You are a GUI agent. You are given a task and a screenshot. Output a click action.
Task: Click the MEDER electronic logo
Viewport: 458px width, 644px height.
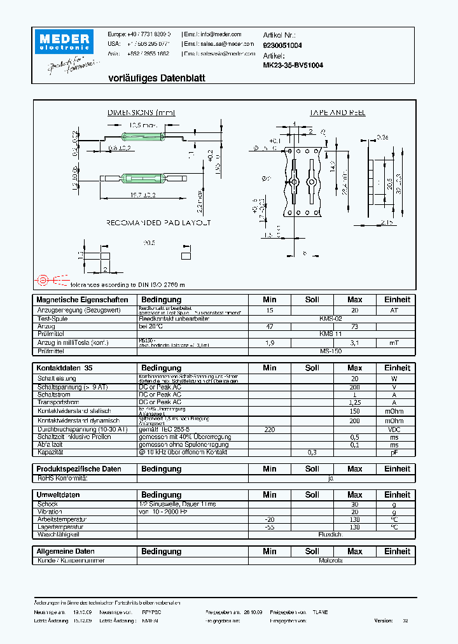click(x=65, y=41)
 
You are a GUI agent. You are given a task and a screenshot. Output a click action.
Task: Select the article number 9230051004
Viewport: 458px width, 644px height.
click(x=282, y=45)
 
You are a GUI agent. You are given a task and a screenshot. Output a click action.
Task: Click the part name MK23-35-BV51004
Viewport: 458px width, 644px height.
click(x=293, y=65)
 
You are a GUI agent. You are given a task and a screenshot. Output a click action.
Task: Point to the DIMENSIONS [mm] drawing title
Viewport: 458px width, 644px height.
click(x=141, y=113)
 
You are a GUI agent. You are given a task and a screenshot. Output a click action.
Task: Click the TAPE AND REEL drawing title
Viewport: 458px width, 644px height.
click(x=337, y=113)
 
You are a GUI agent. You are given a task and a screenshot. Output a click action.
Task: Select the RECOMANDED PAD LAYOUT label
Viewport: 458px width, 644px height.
click(x=158, y=223)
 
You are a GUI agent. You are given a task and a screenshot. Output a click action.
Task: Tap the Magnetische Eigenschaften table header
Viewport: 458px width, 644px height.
click(x=83, y=300)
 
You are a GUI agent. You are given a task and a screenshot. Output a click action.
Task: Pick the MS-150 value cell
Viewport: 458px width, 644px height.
click(x=330, y=351)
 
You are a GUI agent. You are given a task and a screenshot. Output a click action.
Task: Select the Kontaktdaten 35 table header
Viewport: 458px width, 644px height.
click(x=66, y=368)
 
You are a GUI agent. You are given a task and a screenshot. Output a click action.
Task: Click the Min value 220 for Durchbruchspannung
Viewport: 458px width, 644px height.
click(x=269, y=430)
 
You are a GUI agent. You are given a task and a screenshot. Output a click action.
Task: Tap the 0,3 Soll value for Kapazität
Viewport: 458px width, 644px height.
click(x=312, y=452)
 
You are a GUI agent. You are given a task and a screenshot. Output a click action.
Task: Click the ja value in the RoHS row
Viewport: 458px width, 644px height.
click(x=330, y=477)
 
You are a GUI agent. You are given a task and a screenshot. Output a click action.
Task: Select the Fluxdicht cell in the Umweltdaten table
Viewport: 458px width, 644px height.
click(x=330, y=535)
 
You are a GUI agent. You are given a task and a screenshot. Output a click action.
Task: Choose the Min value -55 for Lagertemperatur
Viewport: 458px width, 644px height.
click(x=269, y=527)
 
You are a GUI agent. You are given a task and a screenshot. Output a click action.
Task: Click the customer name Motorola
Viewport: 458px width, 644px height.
click(x=330, y=561)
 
